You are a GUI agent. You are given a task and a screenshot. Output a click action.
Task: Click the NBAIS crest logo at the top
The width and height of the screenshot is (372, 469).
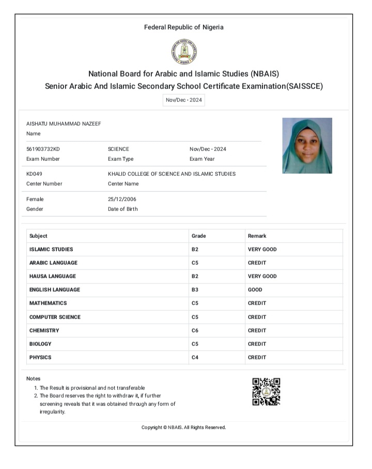click(184, 51)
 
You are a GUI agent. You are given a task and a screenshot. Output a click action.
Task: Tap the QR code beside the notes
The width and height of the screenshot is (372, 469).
click(266, 391)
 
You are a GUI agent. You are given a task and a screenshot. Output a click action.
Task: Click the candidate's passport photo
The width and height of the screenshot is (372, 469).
click(307, 145)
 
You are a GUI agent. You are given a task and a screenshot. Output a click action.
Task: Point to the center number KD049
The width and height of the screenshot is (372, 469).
click(35, 174)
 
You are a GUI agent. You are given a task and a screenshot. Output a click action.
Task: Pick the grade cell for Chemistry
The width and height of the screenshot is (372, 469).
click(195, 330)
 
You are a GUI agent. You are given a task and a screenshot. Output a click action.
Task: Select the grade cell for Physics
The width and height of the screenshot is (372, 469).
click(195, 357)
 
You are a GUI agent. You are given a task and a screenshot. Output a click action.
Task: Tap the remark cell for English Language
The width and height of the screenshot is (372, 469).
click(255, 290)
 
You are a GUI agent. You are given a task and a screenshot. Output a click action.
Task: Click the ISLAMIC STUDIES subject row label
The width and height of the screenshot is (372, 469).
click(51, 249)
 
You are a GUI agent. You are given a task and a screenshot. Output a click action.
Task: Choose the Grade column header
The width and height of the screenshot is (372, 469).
click(199, 236)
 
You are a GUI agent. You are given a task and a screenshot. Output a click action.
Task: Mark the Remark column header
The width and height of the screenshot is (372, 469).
click(257, 236)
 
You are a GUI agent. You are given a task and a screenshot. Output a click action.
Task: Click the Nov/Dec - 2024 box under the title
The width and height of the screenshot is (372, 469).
click(184, 100)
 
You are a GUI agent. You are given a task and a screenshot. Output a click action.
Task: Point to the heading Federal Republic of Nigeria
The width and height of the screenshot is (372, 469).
click(184, 27)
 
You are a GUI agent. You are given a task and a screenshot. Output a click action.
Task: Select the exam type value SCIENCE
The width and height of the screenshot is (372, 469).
click(118, 149)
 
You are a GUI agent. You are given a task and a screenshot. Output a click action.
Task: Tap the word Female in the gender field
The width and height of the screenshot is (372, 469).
click(35, 199)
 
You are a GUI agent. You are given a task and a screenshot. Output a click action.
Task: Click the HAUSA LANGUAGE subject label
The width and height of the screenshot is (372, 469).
click(53, 276)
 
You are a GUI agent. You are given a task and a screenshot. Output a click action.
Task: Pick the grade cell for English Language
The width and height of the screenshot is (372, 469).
click(195, 290)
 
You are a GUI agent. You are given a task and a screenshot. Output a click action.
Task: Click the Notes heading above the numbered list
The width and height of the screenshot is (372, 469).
click(33, 379)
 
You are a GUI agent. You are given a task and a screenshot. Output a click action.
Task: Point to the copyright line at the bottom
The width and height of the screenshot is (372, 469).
click(184, 428)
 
